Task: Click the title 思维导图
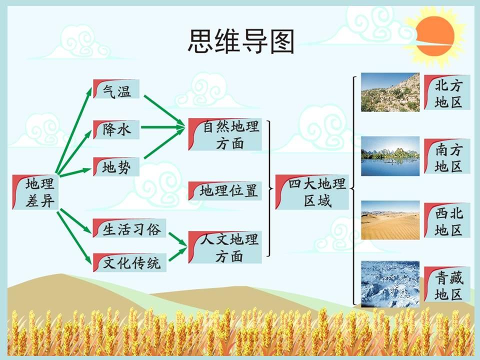tap(241, 41)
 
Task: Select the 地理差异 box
tap(35, 192)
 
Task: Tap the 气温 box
tap(116, 89)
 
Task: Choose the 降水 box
tap(116, 129)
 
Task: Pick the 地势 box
tap(116, 166)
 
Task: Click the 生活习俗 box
tap(129, 228)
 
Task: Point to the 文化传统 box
tap(129, 262)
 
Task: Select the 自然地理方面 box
tap(225, 134)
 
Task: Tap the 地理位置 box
tap(225, 191)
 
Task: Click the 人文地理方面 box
tap(225, 247)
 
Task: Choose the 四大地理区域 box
tap(312, 192)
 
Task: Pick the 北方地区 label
tap(447, 92)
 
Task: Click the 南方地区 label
tap(447, 156)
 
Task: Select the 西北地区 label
tap(447, 220)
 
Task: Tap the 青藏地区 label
tap(447, 284)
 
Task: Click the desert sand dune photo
tap(390, 220)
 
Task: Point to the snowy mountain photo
tap(390, 284)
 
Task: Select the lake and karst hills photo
tap(390, 156)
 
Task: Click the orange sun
tap(435, 36)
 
